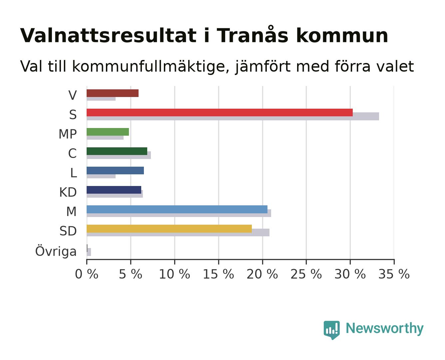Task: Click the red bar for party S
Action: (x=220, y=112)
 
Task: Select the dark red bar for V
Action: (x=113, y=93)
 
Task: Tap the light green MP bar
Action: (x=108, y=132)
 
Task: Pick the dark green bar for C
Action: (x=117, y=151)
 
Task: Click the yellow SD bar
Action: (x=169, y=229)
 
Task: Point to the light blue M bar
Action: (x=177, y=209)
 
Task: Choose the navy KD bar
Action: (x=114, y=190)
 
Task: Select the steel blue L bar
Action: (x=115, y=170)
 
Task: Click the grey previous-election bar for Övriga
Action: (x=89, y=252)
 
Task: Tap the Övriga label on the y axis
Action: (x=56, y=251)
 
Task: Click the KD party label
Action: (x=68, y=192)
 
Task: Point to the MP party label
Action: (x=68, y=134)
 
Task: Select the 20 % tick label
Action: (x=262, y=274)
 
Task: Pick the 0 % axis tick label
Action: (x=87, y=274)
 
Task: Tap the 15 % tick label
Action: (x=218, y=274)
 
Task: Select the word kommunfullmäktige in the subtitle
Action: (x=151, y=66)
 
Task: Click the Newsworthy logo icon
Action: (x=331, y=330)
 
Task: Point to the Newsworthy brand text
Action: (x=385, y=329)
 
